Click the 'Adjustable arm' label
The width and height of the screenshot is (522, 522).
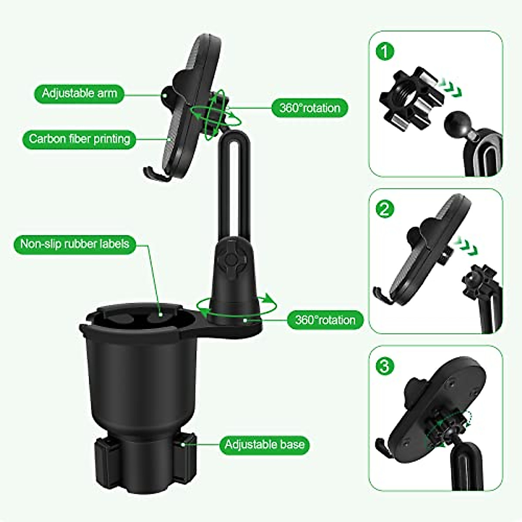coord(79,93)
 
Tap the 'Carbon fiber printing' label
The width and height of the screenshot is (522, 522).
coord(79,139)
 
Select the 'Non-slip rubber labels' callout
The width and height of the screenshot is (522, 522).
coord(75,244)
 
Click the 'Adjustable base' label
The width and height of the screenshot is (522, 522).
coord(264,445)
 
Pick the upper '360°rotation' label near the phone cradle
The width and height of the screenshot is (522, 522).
coord(310,107)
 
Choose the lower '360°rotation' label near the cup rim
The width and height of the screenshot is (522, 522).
coord(325,320)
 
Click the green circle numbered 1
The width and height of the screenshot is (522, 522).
coord(384,52)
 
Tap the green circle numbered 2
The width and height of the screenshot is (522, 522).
coord(384,210)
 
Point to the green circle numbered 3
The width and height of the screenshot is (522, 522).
coord(384,366)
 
